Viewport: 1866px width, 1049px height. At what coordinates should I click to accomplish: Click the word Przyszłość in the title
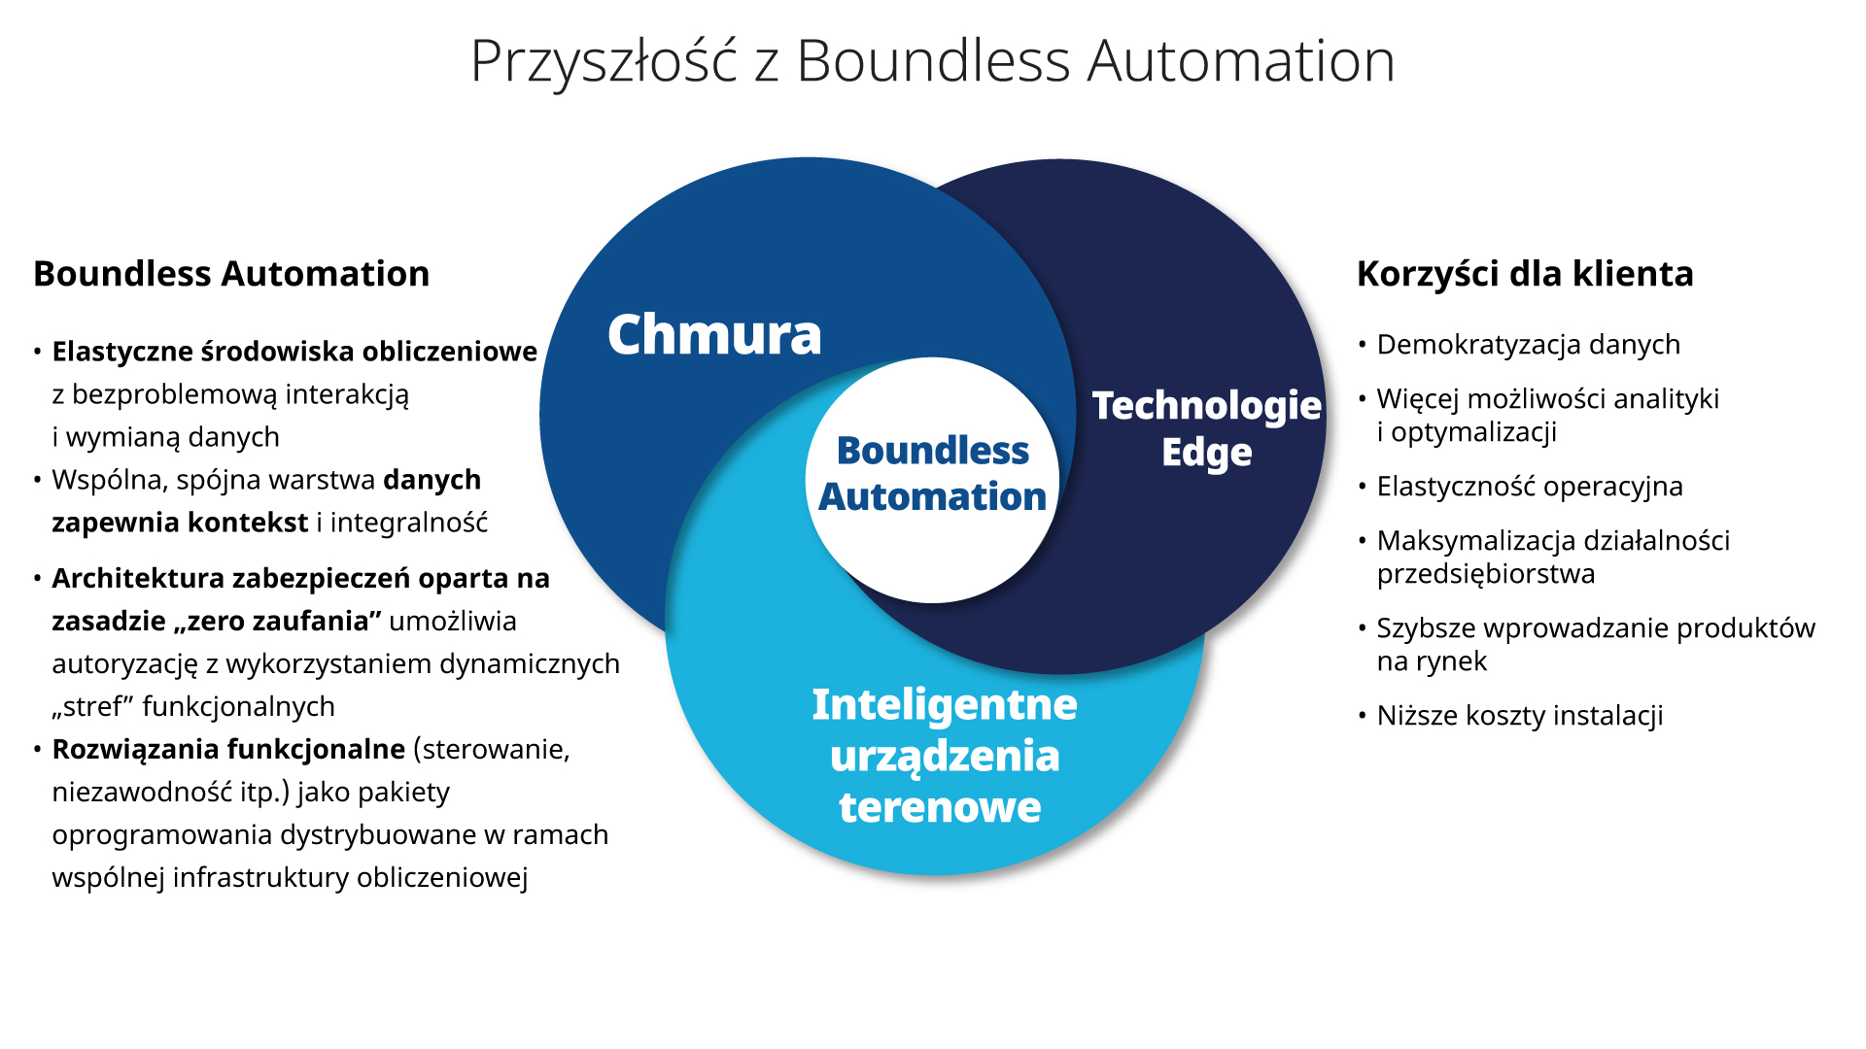pos(604,61)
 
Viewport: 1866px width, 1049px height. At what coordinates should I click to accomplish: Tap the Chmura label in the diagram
pos(714,335)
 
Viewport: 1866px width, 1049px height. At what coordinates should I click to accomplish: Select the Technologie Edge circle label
pos(1206,428)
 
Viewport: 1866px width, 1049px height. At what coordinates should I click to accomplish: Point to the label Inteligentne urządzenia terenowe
pos(943,756)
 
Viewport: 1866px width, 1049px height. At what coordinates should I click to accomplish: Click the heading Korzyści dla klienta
pos(1524,274)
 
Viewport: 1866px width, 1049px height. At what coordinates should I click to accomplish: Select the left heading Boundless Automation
pos(231,274)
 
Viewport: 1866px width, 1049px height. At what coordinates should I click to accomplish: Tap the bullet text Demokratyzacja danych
pos(1528,345)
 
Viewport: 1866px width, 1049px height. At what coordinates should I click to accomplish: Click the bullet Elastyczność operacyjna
pos(1529,486)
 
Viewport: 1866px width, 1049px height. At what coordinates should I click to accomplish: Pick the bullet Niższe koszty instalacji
pos(1519,716)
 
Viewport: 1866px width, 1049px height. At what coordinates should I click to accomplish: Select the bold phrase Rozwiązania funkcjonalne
pos(228,749)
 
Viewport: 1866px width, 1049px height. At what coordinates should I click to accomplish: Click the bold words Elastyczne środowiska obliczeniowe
pos(294,352)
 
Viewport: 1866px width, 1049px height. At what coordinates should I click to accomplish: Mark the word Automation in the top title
pos(1240,61)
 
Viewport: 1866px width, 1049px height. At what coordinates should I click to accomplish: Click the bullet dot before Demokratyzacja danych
pos(1363,345)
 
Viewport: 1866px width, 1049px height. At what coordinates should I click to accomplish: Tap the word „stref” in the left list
pos(92,707)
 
